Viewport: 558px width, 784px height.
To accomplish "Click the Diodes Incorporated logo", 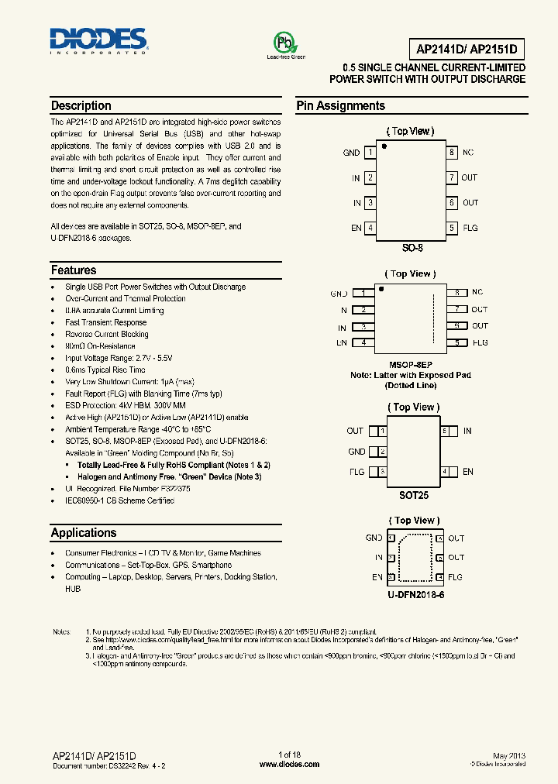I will point(98,40).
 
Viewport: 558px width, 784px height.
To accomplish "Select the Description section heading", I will point(81,106).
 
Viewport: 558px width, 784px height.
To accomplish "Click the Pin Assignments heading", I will point(340,106).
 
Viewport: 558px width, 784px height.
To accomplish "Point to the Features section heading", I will point(74,270).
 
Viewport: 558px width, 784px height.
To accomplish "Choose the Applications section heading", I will point(84,533).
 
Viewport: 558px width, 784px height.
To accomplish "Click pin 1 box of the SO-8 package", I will point(370,153).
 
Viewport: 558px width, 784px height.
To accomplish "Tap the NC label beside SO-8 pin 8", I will point(468,153).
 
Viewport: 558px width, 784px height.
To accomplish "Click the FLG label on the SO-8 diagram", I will point(470,228).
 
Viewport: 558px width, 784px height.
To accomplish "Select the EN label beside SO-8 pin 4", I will point(356,228).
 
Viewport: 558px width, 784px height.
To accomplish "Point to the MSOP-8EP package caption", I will point(411,364).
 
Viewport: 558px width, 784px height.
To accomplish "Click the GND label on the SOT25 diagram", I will point(356,452).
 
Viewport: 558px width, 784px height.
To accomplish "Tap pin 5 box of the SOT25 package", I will point(445,431).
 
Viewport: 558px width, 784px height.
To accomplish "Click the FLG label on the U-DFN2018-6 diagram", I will point(456,577).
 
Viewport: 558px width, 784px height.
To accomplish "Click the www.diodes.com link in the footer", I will point(289,764).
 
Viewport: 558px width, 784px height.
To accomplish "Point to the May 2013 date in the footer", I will point(509,755).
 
